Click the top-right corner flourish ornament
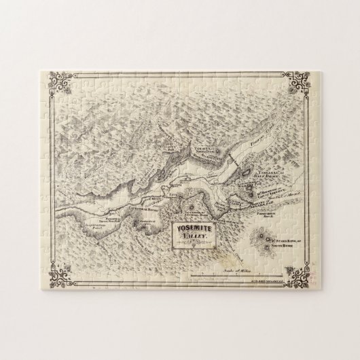point(299,84)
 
